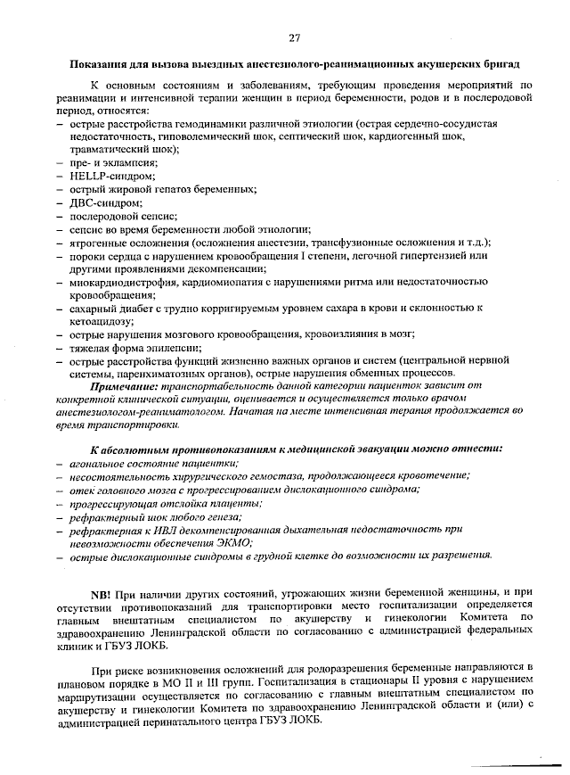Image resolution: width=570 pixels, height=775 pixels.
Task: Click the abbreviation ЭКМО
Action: (x=232, y=542)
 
